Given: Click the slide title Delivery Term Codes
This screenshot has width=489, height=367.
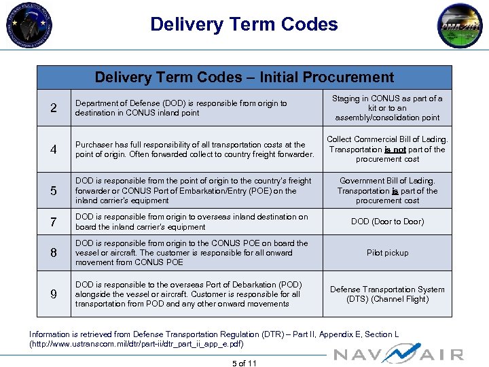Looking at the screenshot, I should coord(244,24).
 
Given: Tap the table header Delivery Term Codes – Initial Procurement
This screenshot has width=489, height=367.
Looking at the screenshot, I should coord(244,77).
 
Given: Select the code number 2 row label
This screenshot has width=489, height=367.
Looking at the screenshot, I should coord(54,108).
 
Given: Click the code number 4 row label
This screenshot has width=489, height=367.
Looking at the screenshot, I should coord(54,150).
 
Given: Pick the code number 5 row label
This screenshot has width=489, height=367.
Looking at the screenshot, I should coord(54,191).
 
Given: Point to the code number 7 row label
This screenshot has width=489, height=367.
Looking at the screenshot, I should coord(54,222).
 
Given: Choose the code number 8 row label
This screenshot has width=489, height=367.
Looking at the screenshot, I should coord(54,253).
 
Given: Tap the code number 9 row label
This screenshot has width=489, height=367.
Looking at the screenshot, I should coord(54,294).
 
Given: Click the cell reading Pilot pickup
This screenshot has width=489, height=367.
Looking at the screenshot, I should coord(387,253).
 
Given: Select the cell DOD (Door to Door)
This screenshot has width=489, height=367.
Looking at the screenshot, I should coord(387,222).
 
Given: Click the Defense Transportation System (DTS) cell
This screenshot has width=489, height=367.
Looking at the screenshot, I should coord(387,294).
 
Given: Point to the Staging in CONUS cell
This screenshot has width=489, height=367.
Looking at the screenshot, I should coord(387,108).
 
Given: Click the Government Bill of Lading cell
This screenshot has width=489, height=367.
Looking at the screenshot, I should coord(387,191).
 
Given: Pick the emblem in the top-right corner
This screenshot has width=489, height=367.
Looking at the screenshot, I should coord(460,26).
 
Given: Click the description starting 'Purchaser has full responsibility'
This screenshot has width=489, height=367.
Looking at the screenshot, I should coord(194,150).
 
